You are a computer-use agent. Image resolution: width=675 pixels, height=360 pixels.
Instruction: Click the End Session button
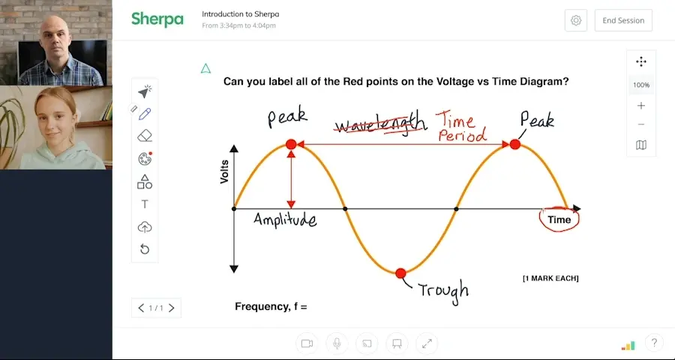pyautogui.click(x=623, y=20)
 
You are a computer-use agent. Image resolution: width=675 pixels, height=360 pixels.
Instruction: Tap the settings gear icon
pyautogui.click(x=576, y=20)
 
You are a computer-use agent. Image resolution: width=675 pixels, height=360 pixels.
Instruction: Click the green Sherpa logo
pyautogui.click(x=157, y=19)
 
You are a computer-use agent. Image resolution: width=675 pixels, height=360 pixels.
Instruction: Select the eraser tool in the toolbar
pyautogui.click(x=145, y=136)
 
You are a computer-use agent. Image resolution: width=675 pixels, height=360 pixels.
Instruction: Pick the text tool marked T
pyautogui.click(x=145, y=204)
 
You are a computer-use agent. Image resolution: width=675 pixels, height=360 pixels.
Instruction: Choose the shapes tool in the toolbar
pyautogui.click(x=145, y=181)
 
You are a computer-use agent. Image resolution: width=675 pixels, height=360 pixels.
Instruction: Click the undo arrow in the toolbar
pyautogui.click(x=145, y=249)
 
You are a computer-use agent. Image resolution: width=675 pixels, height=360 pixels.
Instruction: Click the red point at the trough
pyautogui.click(x=400, y=273)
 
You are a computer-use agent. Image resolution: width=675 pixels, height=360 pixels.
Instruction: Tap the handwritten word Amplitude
pyautogui.click(x=285, y=220)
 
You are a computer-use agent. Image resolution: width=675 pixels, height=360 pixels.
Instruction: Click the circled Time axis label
pyautogui.click(x=559, y=220)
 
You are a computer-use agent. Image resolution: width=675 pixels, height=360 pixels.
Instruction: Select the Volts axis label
pyautogui.click(x=224, y=172)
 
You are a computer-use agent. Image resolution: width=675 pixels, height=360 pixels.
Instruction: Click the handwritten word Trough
pyautogui.click(x=443, y=289)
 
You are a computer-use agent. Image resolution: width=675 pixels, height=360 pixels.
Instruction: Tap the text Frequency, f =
pyautogui.click(x=271, y=307)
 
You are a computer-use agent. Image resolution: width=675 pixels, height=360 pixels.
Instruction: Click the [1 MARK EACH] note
pyautogui.click(x=550, y=278)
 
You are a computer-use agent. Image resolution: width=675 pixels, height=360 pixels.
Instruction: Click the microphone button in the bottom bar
pyautogui.click(x=337, y=343)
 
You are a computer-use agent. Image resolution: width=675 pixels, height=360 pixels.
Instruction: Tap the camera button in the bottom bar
pyautogui.click(x=307, y=343)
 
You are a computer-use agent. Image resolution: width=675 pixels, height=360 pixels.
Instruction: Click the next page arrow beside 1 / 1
pyautogui.click(x=172, y=307)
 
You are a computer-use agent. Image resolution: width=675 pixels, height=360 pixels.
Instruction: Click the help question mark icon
pyautogui.click(x=653, y=343)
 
